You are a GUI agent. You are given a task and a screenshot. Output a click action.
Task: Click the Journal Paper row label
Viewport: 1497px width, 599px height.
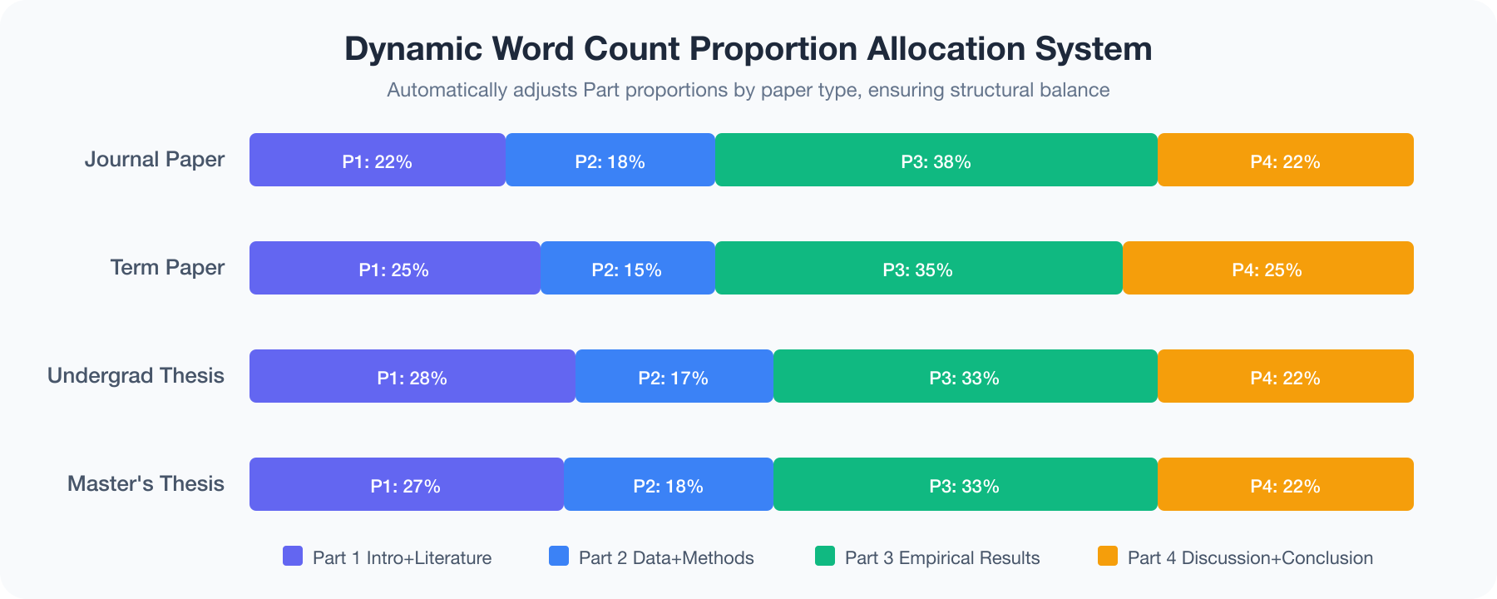click(x=155, y=159)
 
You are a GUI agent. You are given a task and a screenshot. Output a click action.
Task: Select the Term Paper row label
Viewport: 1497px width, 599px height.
click(x=167, y=267)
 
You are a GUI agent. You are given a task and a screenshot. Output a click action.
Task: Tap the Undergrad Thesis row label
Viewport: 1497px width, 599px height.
click(x=136, y=375)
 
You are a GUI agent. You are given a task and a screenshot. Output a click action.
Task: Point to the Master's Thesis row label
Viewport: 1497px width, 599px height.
click(x=146, y=483)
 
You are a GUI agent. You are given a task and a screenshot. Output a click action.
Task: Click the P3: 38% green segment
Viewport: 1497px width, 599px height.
click(x=936, y=161)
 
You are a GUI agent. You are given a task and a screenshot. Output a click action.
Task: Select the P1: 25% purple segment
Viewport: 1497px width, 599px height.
click(x=394, y=269)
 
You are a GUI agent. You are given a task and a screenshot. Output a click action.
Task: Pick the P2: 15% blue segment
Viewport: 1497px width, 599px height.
click(x=627, y=269)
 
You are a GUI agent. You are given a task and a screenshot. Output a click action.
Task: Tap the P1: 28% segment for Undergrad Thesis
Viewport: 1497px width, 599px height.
click(x=412, y=377)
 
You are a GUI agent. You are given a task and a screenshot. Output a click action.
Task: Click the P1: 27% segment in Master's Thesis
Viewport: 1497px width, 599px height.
click(x=406, y=485)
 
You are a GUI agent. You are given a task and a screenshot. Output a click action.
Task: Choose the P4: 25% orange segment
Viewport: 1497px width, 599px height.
click(x=1267, y=269)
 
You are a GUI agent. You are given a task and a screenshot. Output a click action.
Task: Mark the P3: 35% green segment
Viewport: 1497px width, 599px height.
click(x=918, y=269)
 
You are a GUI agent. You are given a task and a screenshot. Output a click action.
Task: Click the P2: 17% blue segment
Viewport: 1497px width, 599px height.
click(x=674, y=377)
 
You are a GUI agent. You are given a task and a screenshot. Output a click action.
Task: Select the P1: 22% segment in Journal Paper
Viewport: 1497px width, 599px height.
click(x=377, y=161)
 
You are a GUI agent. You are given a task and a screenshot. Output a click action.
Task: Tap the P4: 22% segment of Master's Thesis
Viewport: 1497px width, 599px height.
click(x=1285, y=485)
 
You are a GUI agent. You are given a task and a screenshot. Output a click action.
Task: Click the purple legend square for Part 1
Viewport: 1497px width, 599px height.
click(x=293, y=556)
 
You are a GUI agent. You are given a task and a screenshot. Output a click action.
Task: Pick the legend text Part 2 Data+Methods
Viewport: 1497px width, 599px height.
click(x=666, y=557)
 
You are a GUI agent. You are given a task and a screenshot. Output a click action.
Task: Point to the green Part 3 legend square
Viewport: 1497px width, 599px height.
click(x=825, y=556)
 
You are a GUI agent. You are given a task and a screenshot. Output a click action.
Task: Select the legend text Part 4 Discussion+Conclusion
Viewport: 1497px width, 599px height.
click(x=1250, y=557)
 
